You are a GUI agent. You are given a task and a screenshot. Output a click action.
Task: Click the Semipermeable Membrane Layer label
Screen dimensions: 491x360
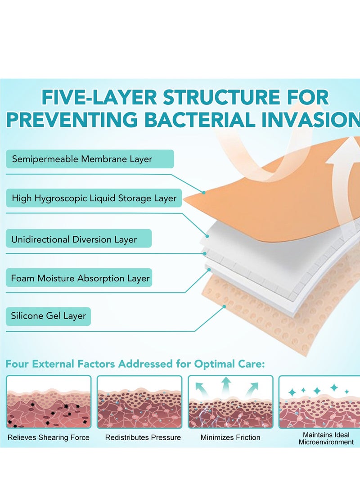pos(82,159)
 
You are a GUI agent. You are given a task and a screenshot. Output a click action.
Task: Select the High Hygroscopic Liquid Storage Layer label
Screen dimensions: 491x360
pos(94,198)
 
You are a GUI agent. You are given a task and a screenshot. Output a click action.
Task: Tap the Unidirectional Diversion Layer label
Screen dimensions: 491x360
pos(74,239)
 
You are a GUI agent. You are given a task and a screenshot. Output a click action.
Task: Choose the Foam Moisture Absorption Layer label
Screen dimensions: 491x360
pos(81,278)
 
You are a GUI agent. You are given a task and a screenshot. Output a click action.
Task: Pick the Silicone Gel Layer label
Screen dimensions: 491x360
pos(48,316)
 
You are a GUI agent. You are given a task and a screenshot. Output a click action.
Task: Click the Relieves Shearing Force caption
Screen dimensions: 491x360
pos(49,437)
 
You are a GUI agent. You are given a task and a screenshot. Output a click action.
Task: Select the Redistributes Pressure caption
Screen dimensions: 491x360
pos(143,437)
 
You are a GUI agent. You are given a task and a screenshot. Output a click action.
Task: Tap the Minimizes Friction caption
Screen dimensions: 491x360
pos(230,437)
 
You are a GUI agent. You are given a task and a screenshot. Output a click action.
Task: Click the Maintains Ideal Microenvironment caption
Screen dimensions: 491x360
pos(326,438)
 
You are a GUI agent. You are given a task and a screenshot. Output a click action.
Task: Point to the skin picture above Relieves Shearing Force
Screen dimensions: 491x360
pos(49,402)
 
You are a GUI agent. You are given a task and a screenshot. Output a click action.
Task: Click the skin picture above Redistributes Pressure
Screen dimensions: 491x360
pos(139,402)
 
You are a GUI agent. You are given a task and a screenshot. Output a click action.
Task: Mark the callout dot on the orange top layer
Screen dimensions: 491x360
pos(204,192)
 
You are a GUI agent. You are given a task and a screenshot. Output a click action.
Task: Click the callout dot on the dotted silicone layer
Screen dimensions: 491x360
pos(224,307)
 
